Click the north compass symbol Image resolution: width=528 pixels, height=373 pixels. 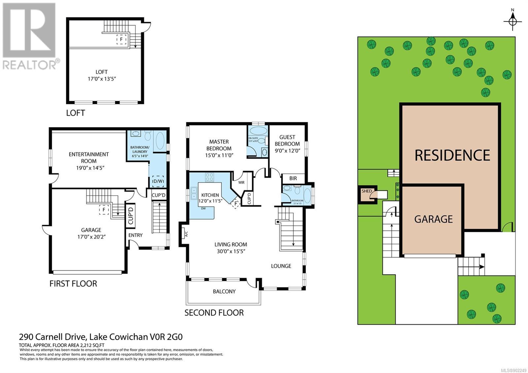512,21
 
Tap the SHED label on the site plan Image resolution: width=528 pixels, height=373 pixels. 366,191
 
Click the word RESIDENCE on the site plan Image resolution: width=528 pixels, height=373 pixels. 452,155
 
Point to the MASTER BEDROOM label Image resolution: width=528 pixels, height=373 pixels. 218,145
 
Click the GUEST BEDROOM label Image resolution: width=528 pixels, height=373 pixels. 287,140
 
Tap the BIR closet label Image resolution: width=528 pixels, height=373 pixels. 293,178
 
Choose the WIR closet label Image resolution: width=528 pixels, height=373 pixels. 241,182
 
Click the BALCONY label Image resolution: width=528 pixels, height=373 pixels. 224,291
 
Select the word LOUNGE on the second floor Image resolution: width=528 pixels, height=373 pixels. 281,266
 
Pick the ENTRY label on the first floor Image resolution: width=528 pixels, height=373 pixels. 135,235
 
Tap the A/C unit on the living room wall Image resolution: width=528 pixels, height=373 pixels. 185,234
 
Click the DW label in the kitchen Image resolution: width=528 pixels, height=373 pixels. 203,208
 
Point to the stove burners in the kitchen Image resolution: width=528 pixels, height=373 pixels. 210,177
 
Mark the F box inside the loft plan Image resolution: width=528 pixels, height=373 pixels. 121,39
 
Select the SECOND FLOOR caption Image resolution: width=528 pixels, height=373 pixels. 214,313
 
